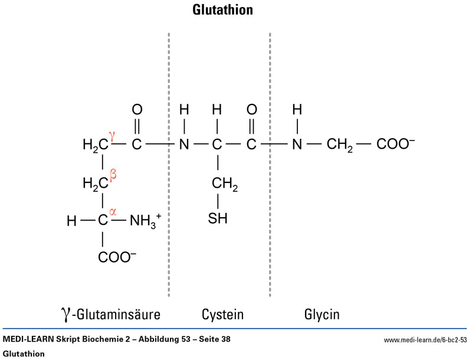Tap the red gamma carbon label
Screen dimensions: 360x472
pyautogui.click(x=111, y=136)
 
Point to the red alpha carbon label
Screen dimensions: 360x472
pyautogui.click(x=113, y=211)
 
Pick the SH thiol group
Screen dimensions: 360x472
pyautogui.click(x=218, y=219)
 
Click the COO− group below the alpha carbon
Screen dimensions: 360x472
pyautogui.click(x=117, y=257)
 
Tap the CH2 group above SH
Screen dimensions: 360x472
pyautogui.click(x=224, y=184)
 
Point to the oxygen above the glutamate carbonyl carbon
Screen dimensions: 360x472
pyautogui.click(x=137, y=109)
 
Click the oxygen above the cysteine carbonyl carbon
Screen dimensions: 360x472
pyautogui.click(x=251, y=109)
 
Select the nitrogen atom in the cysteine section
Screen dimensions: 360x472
pyautogui.click(x=184, y=145)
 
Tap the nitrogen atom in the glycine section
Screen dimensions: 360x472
pyautogui.click(x=297, y=145)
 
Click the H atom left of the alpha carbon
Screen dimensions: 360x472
pyautogui.click(x=72, y=221)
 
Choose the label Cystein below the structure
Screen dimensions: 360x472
pyautogui.click(x=222, y=313)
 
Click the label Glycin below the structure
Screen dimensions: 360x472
pyautogui.click(x=322, y=313)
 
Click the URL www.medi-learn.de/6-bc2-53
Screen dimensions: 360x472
pyautogui.click(x=425, y=340)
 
